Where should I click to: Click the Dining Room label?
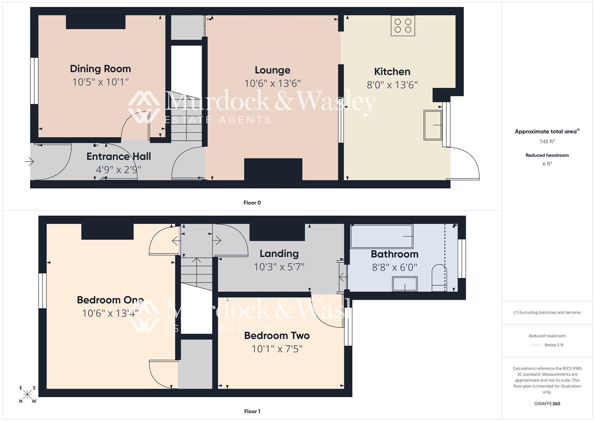coord(101,69)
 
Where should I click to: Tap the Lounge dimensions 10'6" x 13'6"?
coord(272,83)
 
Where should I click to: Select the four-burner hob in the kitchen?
coord(403,26)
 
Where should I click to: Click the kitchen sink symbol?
coord(433,125)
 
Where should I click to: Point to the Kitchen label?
coord(392,72)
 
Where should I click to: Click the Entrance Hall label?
coord(118,156)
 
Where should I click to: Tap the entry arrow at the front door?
coord(30,161)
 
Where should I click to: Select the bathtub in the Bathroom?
coord(381,237)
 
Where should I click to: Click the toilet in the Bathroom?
coord(439,278)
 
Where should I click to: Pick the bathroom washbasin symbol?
coord(405,284)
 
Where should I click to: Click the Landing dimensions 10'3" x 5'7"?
coord(279,267)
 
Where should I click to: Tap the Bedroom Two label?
coord(277,336)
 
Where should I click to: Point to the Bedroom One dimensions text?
coord(110,313)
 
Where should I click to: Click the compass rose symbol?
coord(28,394)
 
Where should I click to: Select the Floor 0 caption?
coord(252,203)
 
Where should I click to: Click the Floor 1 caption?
coord(252,411)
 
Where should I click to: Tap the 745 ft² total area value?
coord(547,142)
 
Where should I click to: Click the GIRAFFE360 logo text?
coord(547,403)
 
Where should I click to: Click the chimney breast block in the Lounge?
coord(273,169)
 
